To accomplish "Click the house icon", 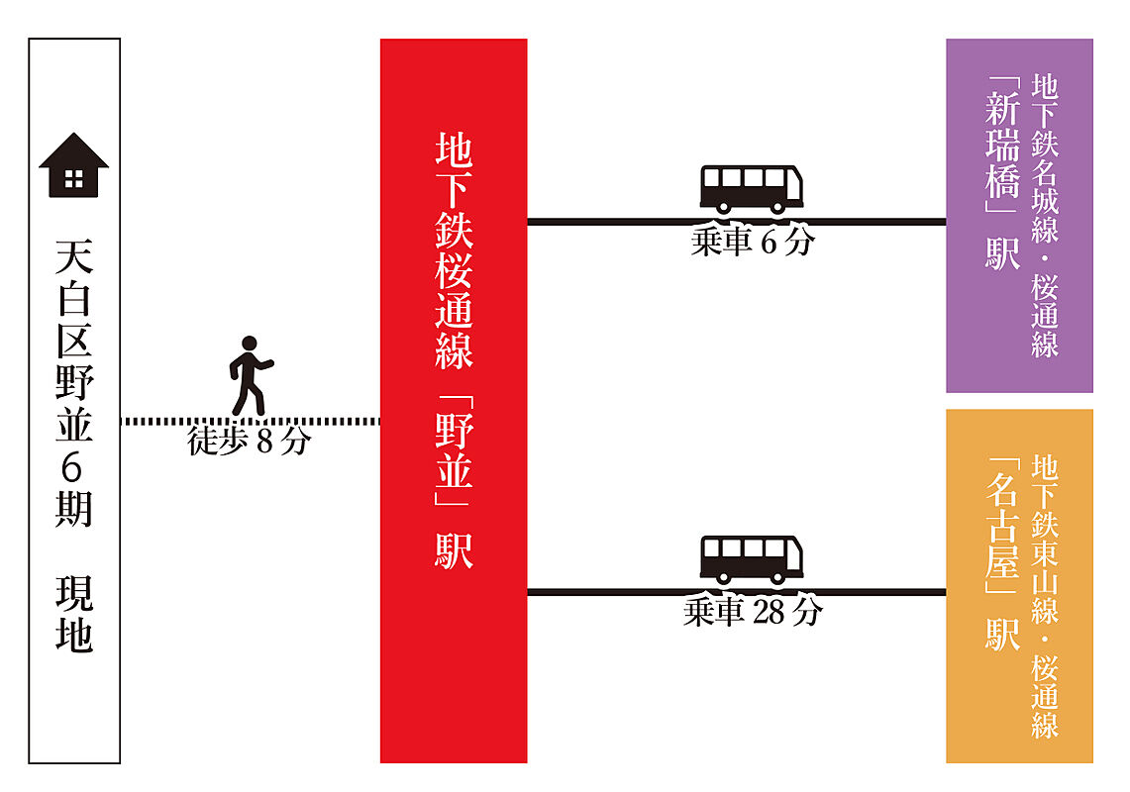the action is [x=73, y=165].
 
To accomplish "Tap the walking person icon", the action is [x=251, y=375].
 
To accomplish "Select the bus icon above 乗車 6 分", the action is [x=752, y=189].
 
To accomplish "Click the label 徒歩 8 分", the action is [x=249, y=441].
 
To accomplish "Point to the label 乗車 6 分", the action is [x=753, y=242].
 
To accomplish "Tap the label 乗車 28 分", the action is [x=753, y=612].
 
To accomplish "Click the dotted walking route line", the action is [x=251, y=421].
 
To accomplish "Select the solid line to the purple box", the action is [x=737, y=221].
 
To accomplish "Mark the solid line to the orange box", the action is [x=737, y=592].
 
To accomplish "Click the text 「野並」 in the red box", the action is [x=454, y=450].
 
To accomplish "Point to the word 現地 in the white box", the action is [x=73, y=613].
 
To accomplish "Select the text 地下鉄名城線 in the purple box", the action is [x=1044, y=157].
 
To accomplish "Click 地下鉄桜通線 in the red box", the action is [x=454, y=250].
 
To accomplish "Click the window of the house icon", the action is [x=73, y=179].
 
